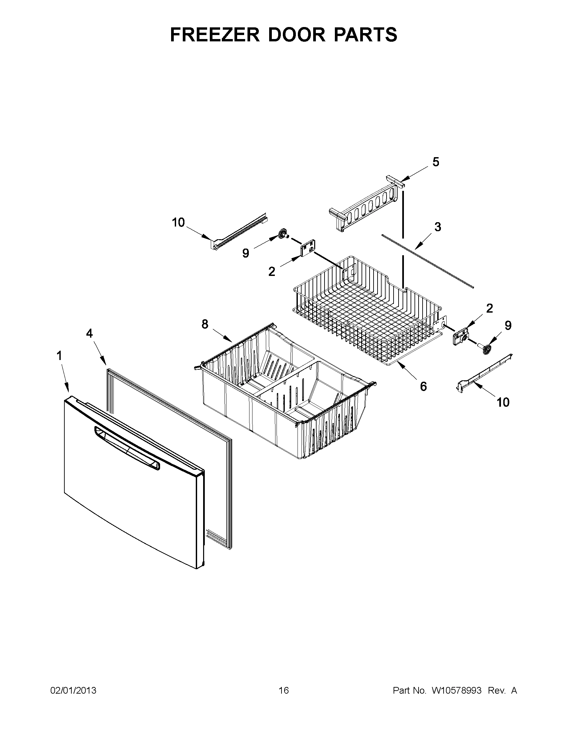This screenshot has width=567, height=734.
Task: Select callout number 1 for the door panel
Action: tap(59, 356)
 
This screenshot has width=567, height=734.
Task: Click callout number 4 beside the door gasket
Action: tap(89, 333)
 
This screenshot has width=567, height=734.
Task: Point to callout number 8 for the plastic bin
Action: tap(204, 324)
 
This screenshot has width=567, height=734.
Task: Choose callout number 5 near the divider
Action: tap(435, 162)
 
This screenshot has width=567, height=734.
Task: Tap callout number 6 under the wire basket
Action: tap(423, 386)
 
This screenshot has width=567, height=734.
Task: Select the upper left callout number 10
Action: tap(178, 222)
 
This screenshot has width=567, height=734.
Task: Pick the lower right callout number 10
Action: tap(503, 402)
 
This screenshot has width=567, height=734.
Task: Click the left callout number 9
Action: tap(245, 253)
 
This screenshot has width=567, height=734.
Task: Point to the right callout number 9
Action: tap(508, 325)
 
